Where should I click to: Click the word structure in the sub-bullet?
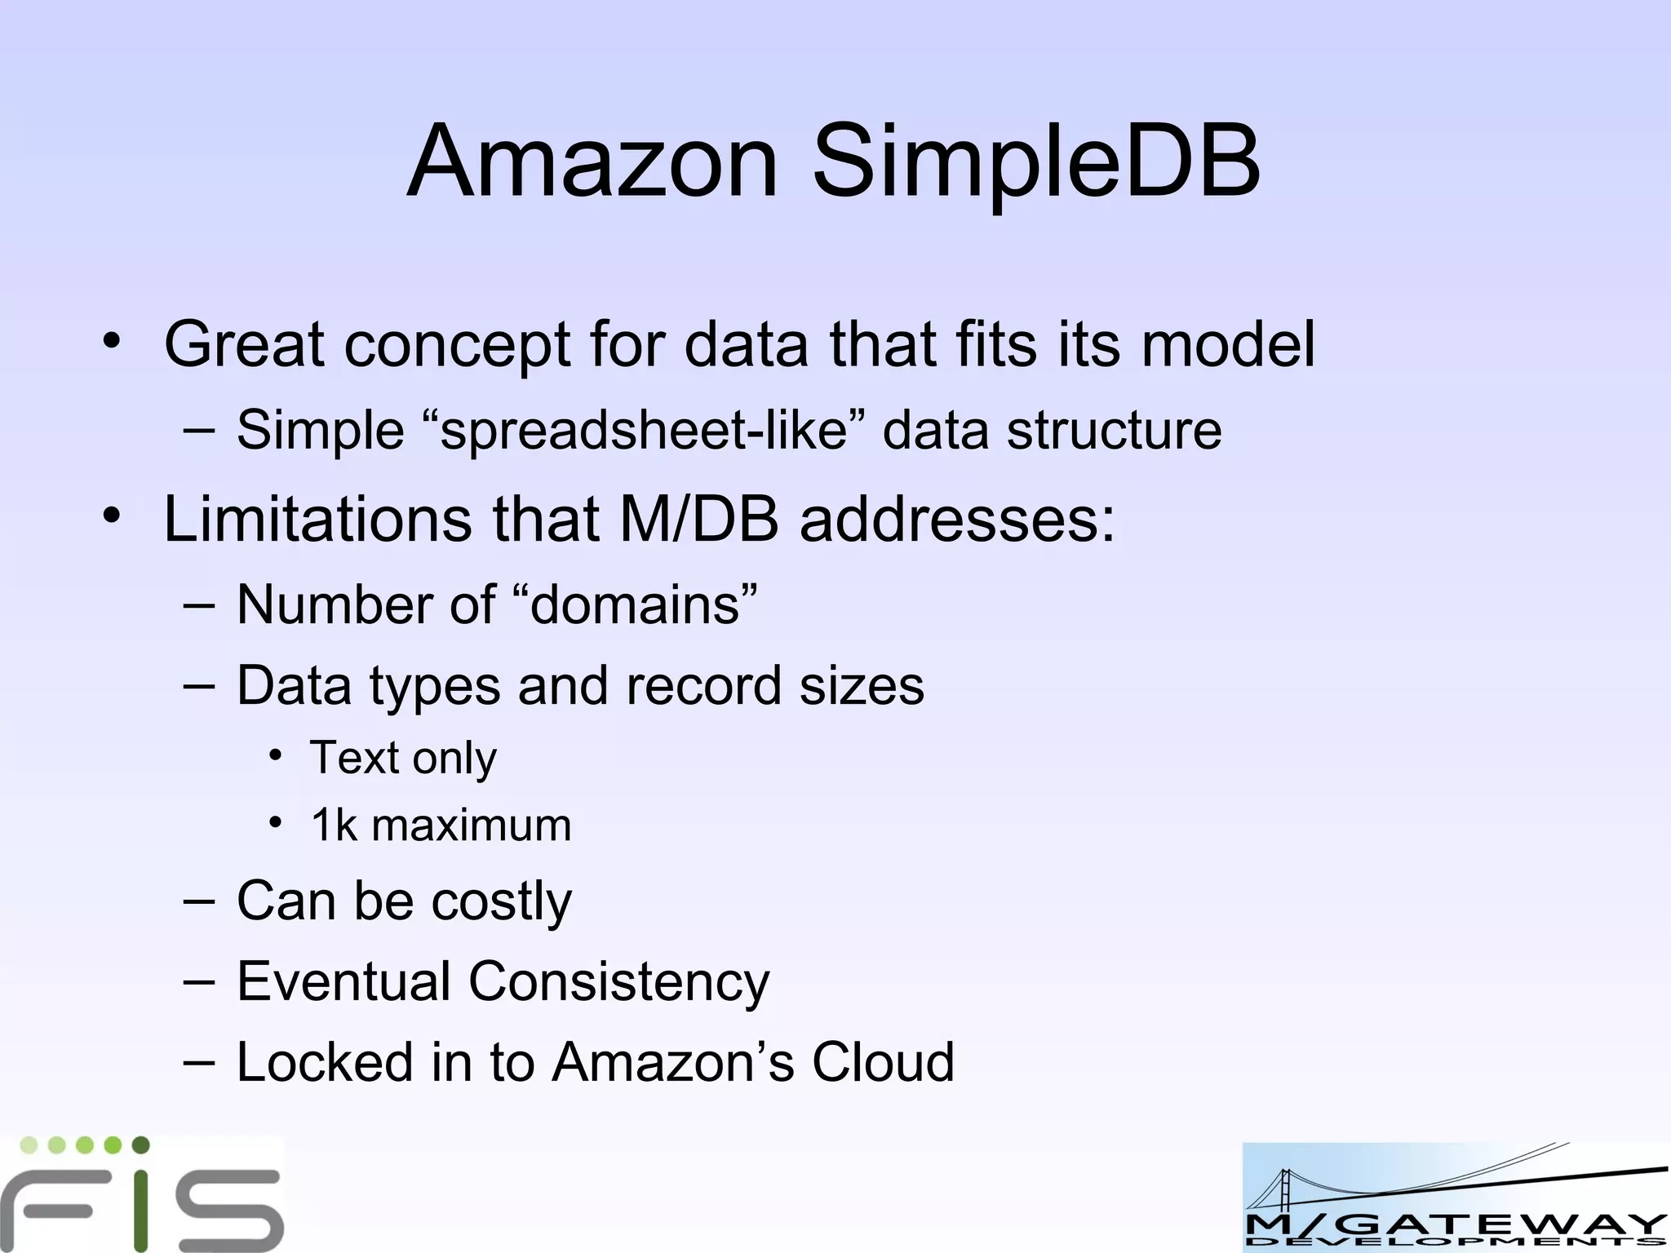(x=1114, y=430)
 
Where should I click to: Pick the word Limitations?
(x=317, y=519)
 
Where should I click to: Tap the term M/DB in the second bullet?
(x=699, y=519)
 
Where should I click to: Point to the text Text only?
(x=403, y=758)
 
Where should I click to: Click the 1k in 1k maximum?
(x=335, y=825)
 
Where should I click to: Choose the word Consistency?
(x=618, y=981)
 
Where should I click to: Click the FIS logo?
(x=142, y=1193)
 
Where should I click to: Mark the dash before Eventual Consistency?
(x=199, y=981)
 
